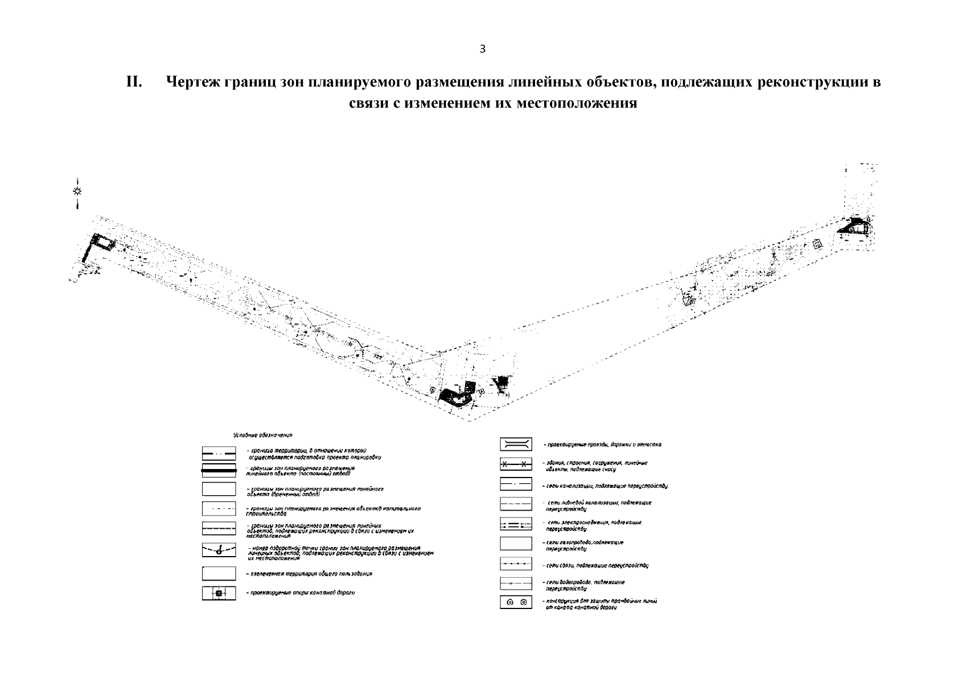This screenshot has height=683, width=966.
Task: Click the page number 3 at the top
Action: tap(483, 49)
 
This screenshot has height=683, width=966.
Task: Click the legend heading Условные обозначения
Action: tap(262, 435)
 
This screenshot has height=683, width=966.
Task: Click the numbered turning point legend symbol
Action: tap(219, 550)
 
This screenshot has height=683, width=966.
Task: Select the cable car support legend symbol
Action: tap(219, 594)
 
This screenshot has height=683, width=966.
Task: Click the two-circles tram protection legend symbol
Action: tap(516, 602)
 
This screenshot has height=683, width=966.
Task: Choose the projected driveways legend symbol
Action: tap(516, 444)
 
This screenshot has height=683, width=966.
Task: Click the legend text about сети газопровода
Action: tap(584, 546)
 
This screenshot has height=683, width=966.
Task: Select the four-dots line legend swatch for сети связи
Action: tap(516, 565)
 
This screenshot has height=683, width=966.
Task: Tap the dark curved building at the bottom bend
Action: tap(456, 397)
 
